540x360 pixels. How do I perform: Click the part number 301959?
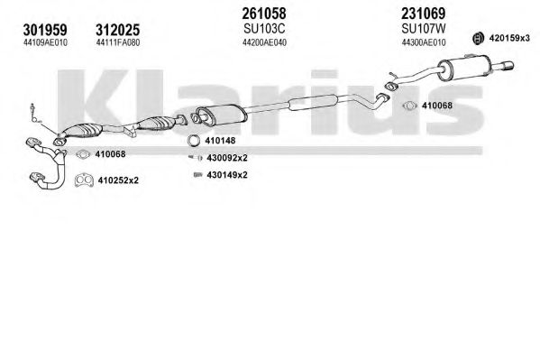pos(45,30)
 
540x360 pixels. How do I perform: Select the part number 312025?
pos(118,30)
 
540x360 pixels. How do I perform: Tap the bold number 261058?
pos(264,14)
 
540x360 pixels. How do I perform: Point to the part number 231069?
pos(423,14)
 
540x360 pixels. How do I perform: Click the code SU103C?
pos(264,29)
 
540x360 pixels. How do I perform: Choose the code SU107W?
pos(423,29)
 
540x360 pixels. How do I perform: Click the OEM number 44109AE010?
pos(45,42)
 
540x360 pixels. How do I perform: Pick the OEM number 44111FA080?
pos(118,42)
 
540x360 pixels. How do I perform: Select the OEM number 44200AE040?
pos(264,42)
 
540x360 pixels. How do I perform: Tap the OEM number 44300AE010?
pos(424,42)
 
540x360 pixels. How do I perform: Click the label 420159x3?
pos(509,38)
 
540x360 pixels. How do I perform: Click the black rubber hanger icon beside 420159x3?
pos(478,38)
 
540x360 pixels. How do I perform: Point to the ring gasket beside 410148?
pos(194,141)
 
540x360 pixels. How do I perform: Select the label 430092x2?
pos(227,158)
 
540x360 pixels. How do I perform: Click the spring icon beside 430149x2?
pos(197,175)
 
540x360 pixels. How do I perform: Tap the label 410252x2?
pos(118,180)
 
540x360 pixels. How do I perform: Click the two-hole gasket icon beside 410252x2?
pos(84,180)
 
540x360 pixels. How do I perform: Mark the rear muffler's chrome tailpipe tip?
pos(508,66)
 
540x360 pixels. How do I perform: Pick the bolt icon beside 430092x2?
pos(196,158)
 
